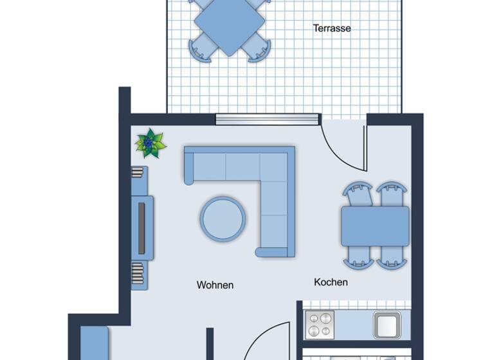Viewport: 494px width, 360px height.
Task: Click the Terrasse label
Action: tap(332, 28)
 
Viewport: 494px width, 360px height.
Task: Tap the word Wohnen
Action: tap(215, 285)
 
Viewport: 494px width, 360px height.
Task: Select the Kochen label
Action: tap(331, 282)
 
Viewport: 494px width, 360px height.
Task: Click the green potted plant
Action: tap(151, 143)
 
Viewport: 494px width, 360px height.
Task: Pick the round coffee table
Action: tap(223, 218)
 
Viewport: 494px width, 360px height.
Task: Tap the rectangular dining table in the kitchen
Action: tap(375, 226)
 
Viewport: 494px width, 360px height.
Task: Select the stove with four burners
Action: tap(321, 324)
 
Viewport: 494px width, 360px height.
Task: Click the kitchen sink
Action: tap(387, 324)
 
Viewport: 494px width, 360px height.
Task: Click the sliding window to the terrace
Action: tap(267, 118)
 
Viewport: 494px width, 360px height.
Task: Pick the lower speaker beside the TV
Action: tap(138, 272)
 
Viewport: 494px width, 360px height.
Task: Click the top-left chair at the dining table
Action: tap(358, 194)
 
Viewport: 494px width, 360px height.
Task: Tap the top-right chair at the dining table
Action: tap(392, 194)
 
